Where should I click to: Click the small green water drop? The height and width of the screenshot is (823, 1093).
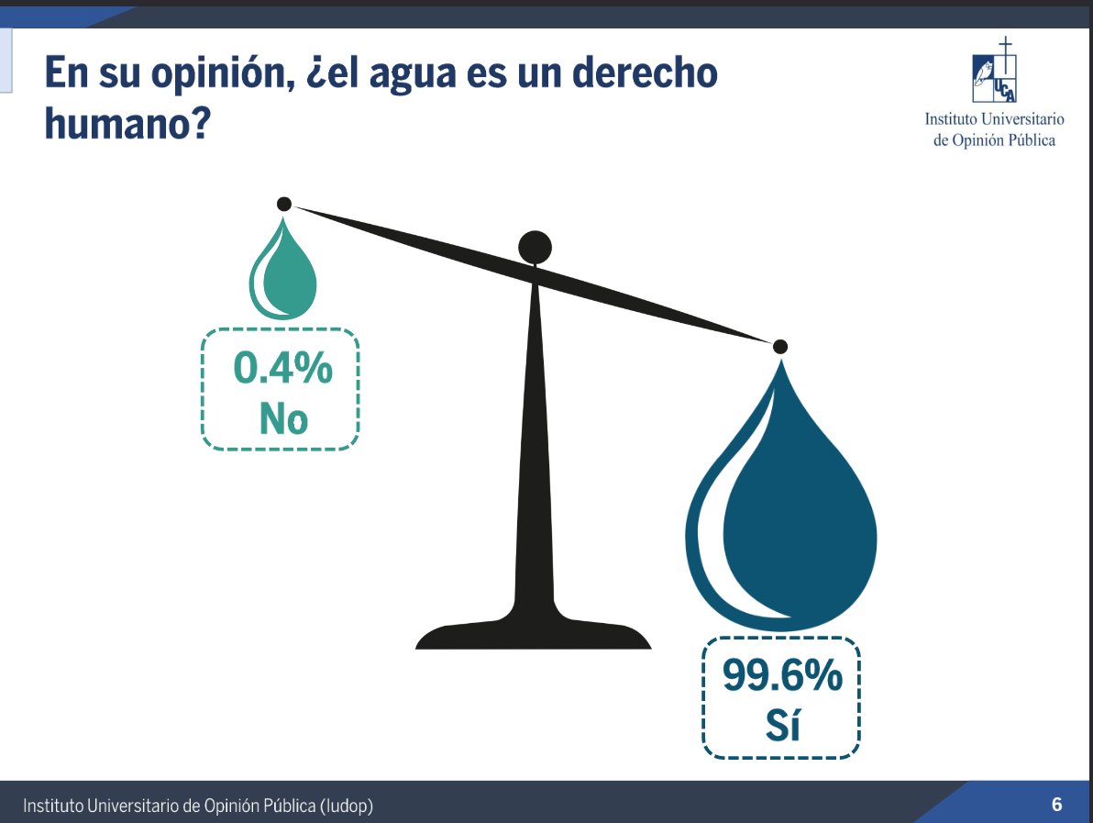[x=283, y=275]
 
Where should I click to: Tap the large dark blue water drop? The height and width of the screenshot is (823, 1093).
[x=784, y=523]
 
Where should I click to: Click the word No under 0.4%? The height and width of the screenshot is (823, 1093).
[x=283, y=419]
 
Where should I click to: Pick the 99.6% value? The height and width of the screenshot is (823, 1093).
[x=782, y=677]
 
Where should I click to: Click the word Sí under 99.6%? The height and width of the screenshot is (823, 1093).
[x=782, y=726]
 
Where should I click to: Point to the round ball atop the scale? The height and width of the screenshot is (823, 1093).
[x=535, y=247]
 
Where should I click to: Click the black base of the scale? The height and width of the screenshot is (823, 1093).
[x=534, y=635]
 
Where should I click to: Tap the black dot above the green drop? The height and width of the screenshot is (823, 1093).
[x=284, y=204]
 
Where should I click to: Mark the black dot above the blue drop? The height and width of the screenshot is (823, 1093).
[x=780, y=347]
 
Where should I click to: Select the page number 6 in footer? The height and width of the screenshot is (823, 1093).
[x=1056, y=805]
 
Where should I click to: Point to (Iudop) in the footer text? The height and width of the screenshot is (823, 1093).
[x=347, y=806]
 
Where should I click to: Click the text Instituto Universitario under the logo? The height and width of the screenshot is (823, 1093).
[x=994, y=119]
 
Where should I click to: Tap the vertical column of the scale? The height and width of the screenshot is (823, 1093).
[x=535, y=440]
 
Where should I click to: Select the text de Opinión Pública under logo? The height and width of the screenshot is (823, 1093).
[x=994, y=140]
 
